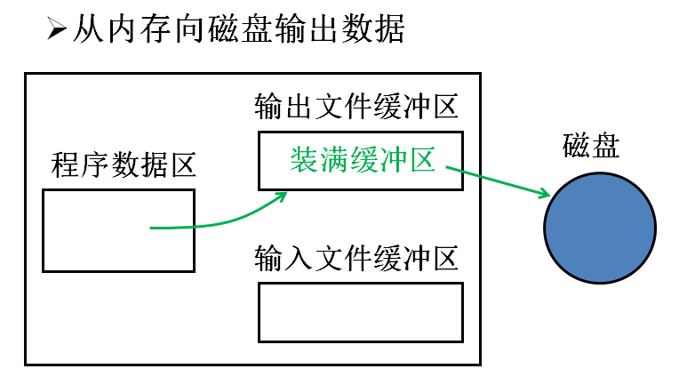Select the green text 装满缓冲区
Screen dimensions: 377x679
coord(362,159)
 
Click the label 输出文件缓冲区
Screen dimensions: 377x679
coord(355,108)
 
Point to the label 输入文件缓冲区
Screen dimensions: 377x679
coord(355,260)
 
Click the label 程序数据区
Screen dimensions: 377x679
coord(124,164)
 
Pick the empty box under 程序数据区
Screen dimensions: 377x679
coord(118,229)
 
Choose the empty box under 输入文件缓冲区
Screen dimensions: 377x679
coord(360,312)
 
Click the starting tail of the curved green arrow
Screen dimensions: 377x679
coord(152,229)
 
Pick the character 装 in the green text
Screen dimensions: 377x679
coord(304,159)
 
